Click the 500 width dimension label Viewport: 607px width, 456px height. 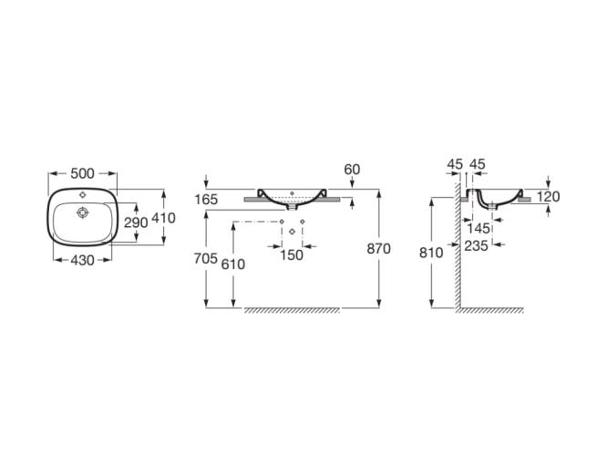(x=82, y=173)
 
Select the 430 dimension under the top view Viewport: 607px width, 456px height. (x=82, y=260)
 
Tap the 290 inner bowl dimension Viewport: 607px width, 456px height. (x=136, y=223)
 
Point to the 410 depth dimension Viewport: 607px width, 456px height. (x=163, y=218)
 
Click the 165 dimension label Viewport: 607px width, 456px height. (x=206, y=200)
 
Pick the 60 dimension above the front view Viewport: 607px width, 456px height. (x=352, y=170)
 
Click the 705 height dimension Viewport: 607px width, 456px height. (x=206, y=258)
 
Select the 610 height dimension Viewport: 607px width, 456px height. (x=233, y=264)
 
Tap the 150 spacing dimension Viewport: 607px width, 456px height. (x=292, y=255)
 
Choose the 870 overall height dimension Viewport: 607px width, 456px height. (x=378, y=249)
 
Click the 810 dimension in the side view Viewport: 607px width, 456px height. (x=431, y=253)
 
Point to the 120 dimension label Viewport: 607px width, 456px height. (x=548, y=197)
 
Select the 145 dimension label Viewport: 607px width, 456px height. (x=478, y=228)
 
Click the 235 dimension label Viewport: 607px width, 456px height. (x=476, y=245)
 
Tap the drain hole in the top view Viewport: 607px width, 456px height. (x=83, y=212)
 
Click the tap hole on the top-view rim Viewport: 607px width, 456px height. (x=82, y=193)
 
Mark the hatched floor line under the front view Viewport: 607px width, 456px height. (x=292, y=310)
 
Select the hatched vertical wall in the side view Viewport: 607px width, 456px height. (x=458, y=247)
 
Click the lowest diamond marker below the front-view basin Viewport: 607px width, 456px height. (x=293, y=232)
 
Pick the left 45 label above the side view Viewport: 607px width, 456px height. (x=455, y=164)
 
